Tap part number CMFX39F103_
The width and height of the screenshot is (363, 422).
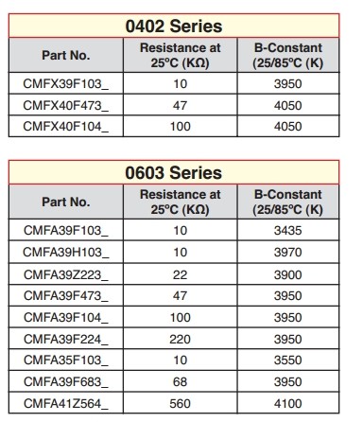click(x=65, y=82)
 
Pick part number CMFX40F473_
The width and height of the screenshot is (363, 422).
click(x=65, y=103)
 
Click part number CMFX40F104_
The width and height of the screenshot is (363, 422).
click(x=65, y=124)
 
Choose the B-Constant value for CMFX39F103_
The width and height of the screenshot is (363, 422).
click(x=288, y=82)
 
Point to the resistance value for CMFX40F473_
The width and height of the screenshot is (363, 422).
click(x=180, y=103)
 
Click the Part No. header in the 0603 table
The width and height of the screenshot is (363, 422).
click(x=65, y=202)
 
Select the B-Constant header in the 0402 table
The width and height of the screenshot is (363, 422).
click(x=288, y=55)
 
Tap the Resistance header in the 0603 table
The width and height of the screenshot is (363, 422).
click(x=180, y=202)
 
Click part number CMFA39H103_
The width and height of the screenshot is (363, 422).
click(x=65, y=252)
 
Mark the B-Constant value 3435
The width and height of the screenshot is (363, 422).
click(x=288, y=230)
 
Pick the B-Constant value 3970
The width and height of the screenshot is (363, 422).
click(x=288, y=252)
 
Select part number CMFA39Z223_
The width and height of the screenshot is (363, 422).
click(x=65, y=273)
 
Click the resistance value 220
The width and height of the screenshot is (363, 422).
click(x=180, y=339)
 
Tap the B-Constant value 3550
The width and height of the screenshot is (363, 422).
click(x=288, y=360)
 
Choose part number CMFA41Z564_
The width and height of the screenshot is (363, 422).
click(x=65, y=404)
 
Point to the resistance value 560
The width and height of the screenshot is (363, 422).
click(x=180, y=404)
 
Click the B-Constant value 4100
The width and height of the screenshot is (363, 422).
click(x=288, y=404)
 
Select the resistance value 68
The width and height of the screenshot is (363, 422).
click(x=180, y=382)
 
